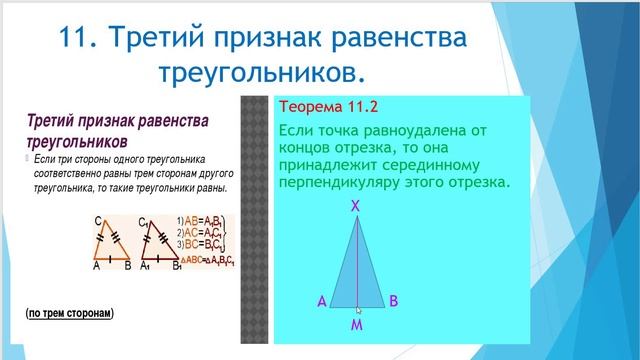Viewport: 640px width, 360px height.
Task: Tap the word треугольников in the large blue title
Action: [x=259, y=73]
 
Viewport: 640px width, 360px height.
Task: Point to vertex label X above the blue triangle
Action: [x=357, y=206]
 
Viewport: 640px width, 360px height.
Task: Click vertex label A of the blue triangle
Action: [x=321, y=301]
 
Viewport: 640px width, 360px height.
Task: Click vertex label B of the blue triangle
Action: [x=394, y=300]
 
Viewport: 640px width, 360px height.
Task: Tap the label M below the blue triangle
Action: [x=357, y=325]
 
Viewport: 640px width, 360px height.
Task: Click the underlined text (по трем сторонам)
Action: [x=70, y=313]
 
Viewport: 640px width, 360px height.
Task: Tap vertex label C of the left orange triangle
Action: [x=96, y=222]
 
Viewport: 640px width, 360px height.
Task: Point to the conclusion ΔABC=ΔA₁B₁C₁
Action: [x=206, y=261]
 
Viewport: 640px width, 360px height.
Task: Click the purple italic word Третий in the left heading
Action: [x=54, y=121]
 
